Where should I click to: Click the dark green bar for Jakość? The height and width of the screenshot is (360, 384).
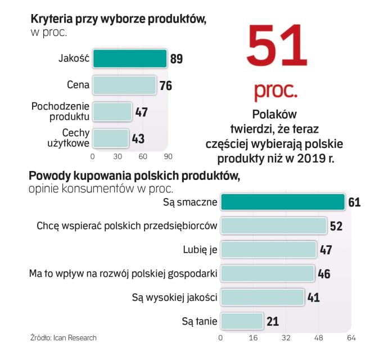[x=130, y=58]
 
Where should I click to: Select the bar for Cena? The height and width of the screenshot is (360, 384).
[x=124, y=85]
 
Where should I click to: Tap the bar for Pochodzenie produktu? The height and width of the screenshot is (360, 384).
[x=112, y=111]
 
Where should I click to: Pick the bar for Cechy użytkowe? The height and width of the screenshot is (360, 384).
[x=110, y=138]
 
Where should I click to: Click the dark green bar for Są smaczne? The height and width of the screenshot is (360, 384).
[x=282, y=202]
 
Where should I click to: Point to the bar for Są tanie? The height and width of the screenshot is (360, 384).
[x=242, y=321]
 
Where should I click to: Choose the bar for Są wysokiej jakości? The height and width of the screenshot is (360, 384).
[x=263, y=296]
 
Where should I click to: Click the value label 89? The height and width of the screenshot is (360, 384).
[x=176, y=58]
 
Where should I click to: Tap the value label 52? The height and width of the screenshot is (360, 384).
[x=336, y=226]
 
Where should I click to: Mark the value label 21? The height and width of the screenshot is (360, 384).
[x=273, y=321]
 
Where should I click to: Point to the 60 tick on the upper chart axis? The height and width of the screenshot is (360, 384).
[x=143, y=155]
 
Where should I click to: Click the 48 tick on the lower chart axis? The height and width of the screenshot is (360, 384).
[x=318, y=338]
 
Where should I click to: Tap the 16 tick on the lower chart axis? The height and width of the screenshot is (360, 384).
[x=253, y=338]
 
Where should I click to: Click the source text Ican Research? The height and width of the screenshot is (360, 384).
[x=75, y=338]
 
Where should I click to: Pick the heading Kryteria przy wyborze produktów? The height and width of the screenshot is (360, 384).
[x=118, y=19]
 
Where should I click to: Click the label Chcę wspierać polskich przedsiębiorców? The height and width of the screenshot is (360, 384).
[x=127, y=226]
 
